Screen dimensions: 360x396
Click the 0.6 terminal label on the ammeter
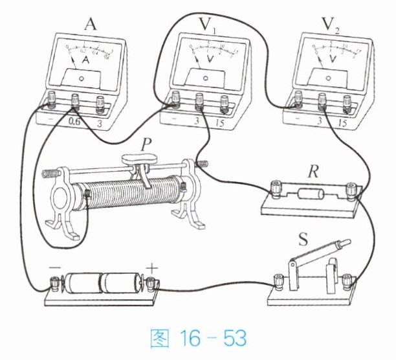click(x=74, y=120)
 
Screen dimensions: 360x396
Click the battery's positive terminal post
click(x=153, y=283)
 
